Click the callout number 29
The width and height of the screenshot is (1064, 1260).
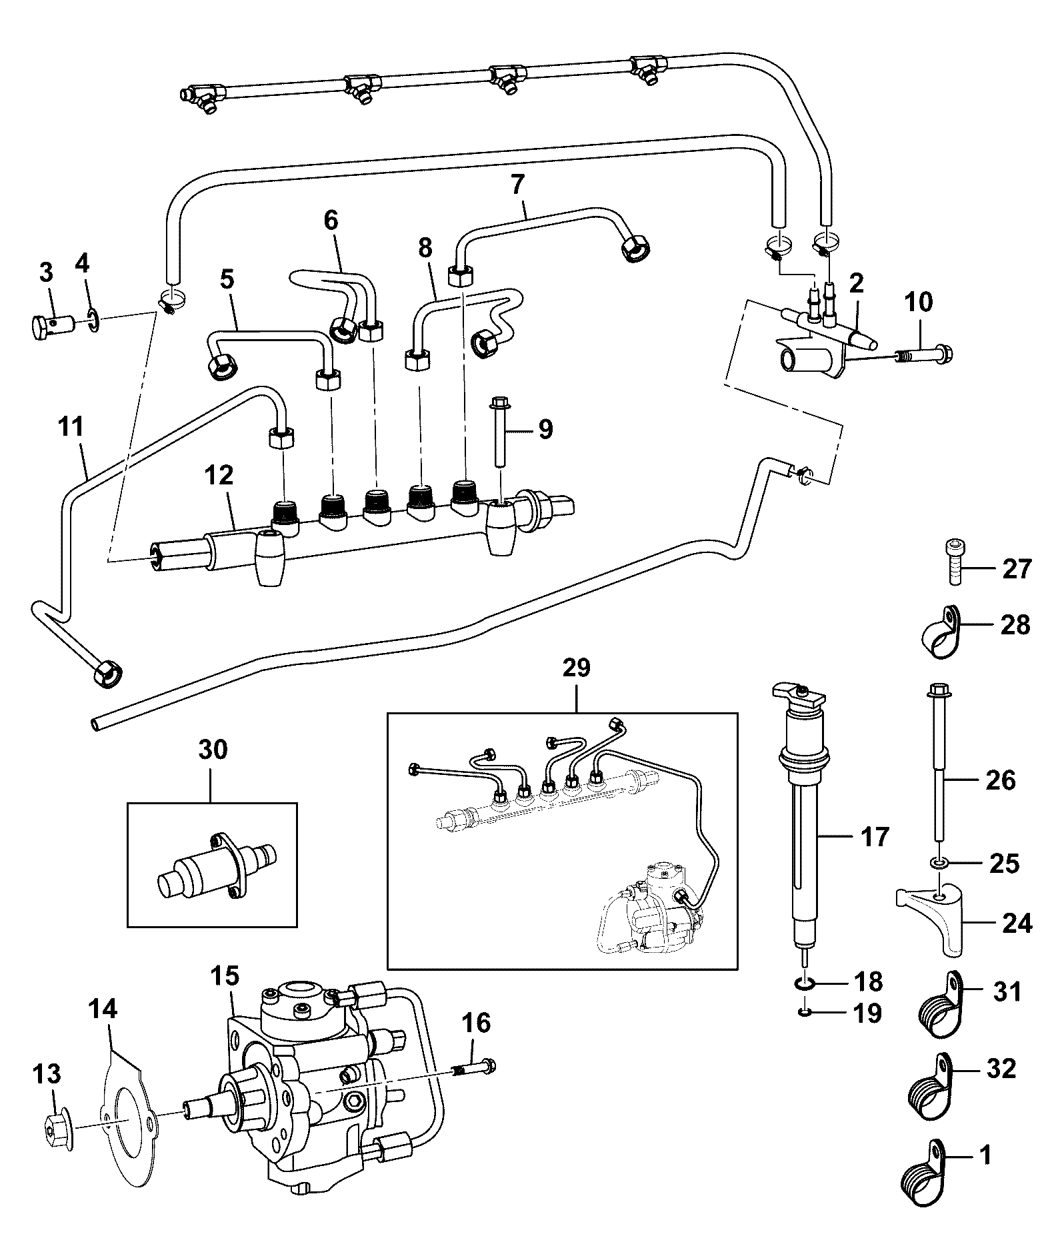click(x=577, y=668)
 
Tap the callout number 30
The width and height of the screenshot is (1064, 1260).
click(x=212, y=750)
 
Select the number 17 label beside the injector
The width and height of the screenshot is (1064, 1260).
click(x=875, y=836)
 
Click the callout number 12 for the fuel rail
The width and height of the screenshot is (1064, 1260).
click(x=219, y=475)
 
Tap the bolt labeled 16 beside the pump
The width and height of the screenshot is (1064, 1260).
click(x=474, y=1071)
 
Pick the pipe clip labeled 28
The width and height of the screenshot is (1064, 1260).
click(x=940, y=633)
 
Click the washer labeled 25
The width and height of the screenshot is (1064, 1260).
click(x=940, y=864)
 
